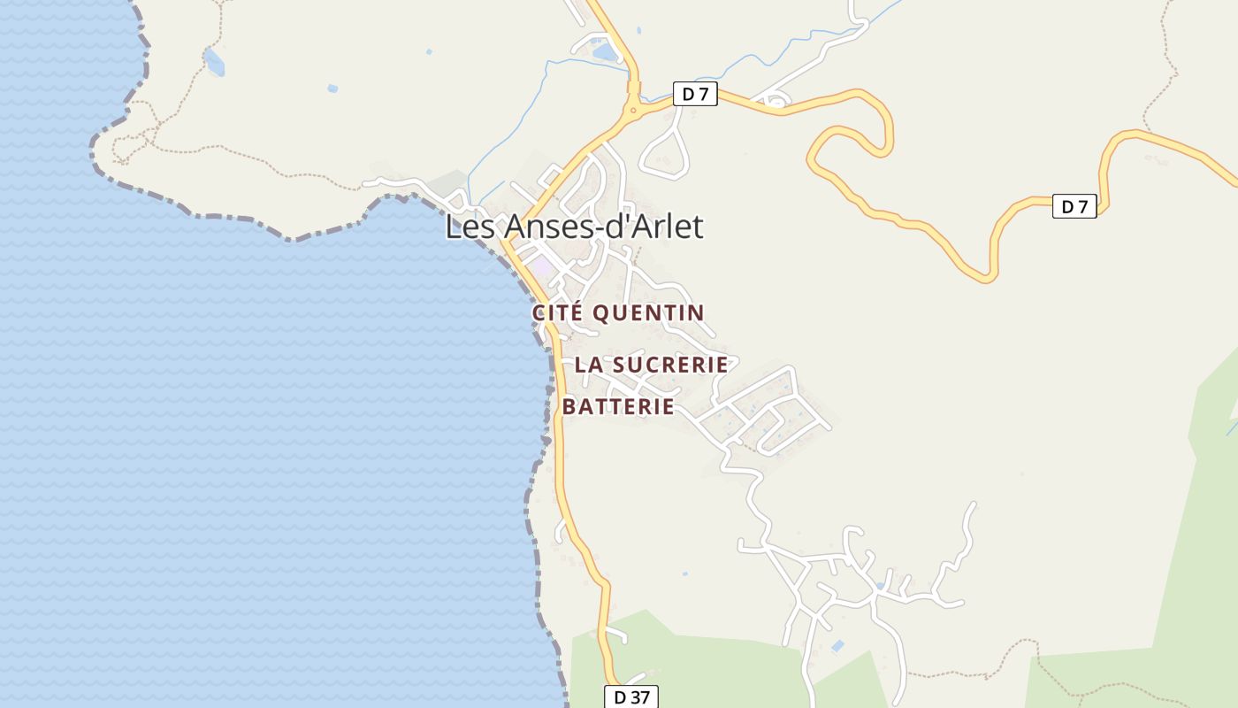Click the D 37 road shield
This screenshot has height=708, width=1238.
(x=631, y=696)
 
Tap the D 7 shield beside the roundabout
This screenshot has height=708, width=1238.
(x=695, y=94)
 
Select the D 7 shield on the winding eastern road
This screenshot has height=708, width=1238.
(x=1074, y=207)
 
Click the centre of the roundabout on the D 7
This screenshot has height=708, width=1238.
(x=633, y=111)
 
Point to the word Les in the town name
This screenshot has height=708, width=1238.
(x=471, y=227)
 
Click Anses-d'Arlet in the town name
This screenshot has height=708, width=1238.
(x=603, y=227)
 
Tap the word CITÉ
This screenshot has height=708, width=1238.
(x=558, y=312)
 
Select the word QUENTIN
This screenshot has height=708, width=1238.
(x=648, y=312)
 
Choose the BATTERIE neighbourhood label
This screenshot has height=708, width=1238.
(x=618, y=407)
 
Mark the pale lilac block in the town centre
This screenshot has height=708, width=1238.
(x=541, y=265)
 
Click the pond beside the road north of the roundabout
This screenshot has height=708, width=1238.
(x=606, y=52)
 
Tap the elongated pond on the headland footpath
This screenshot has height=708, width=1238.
(x=213, y=62)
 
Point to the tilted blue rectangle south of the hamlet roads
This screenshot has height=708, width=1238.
(x=837, y=646)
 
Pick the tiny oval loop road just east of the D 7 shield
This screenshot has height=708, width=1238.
(x=775, y=103)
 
